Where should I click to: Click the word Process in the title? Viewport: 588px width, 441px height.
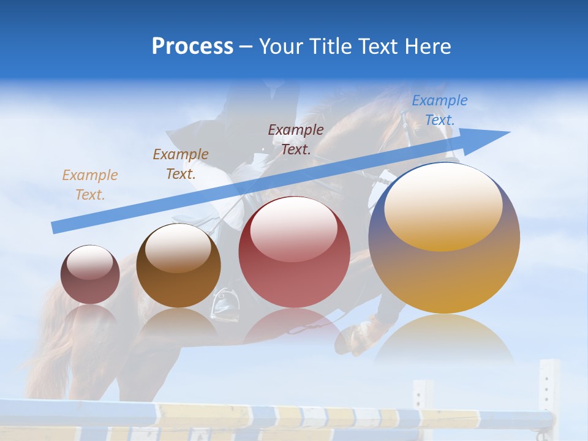(192, 47)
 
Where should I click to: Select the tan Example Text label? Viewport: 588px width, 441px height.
(89, 184)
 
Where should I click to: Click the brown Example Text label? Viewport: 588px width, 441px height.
(181, 164)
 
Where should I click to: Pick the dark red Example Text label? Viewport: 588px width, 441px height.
(296, 139)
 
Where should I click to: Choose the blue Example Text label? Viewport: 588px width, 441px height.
(439, 110)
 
